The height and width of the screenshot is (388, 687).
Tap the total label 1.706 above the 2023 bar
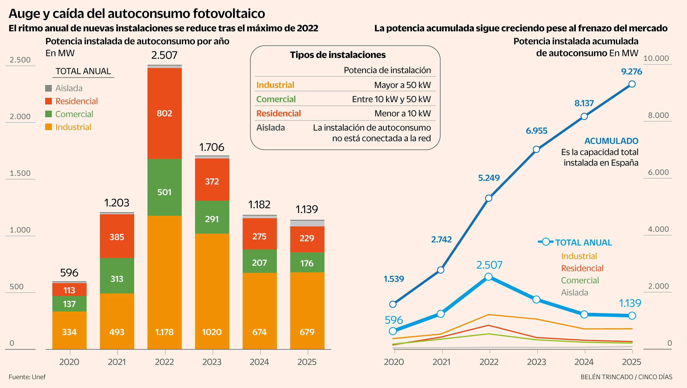pos(212,147)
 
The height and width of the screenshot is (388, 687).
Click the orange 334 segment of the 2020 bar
pos(69,332)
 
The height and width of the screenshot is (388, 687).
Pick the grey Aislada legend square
pos(48,88)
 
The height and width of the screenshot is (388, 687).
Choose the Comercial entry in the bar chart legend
pos(74,114)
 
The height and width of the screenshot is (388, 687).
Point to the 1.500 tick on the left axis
pos(20,173)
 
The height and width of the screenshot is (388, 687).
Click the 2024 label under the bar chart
pos(259,362)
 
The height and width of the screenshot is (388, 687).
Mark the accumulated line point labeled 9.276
pos(632,84)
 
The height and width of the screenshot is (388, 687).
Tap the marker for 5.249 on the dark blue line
pos(489,198)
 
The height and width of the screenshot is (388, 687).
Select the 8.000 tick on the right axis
pos(658,115)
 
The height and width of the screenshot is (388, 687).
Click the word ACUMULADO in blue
pos(611,141)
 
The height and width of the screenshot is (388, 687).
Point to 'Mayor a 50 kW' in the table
pos(402,85)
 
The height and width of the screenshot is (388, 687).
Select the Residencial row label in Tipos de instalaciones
pos(278,113)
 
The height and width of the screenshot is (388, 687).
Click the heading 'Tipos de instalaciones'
pos(338,55)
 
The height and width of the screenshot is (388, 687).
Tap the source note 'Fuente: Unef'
pos(27,377)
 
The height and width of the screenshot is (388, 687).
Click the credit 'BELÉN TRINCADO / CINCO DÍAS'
pos(626,377)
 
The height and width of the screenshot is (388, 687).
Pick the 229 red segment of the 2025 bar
pos(307,238)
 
